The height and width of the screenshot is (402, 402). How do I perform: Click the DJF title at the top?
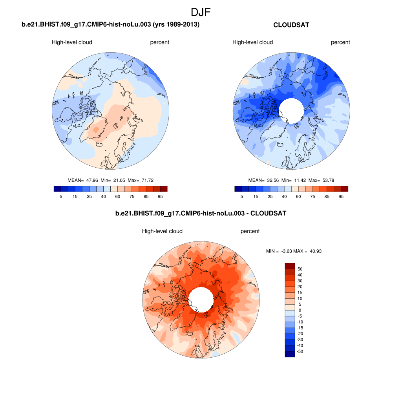point(201,12)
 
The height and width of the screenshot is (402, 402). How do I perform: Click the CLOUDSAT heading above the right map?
point(291,25)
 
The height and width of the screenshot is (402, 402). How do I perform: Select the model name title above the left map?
point(110,25)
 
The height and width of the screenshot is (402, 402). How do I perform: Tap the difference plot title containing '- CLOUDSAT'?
point(201,214)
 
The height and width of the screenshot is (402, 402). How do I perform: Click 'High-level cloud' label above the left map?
point(72,42)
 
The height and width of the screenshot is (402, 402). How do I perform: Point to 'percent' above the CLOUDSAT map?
point(340,42)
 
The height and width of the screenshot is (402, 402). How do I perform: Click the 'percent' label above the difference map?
point(250,231)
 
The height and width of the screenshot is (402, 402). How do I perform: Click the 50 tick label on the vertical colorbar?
point(300,269)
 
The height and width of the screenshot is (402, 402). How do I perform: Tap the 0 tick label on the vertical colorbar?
point(300,310)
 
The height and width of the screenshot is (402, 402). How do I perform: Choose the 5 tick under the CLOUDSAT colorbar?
point(242,196)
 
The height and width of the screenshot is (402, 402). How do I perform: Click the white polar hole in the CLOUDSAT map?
point(291,110)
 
